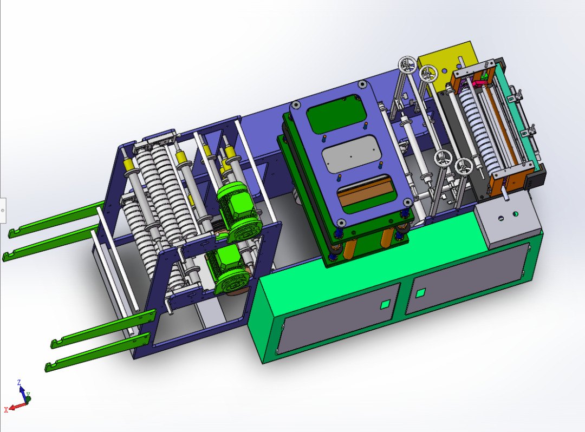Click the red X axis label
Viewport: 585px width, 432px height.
6,410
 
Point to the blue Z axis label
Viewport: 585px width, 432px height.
19,382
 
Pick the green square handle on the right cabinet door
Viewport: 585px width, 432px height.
420,293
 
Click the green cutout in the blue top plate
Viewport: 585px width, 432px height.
336,114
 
